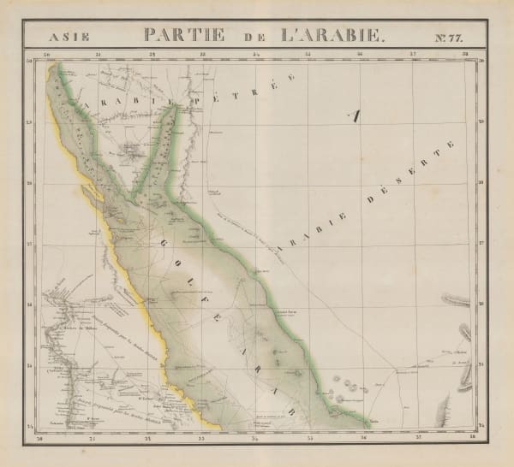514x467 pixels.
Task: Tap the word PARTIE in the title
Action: [x=184, y=36]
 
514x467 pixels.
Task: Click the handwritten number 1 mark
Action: [x=354, y=117]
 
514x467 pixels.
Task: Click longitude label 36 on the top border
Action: [x=361, y=56]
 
